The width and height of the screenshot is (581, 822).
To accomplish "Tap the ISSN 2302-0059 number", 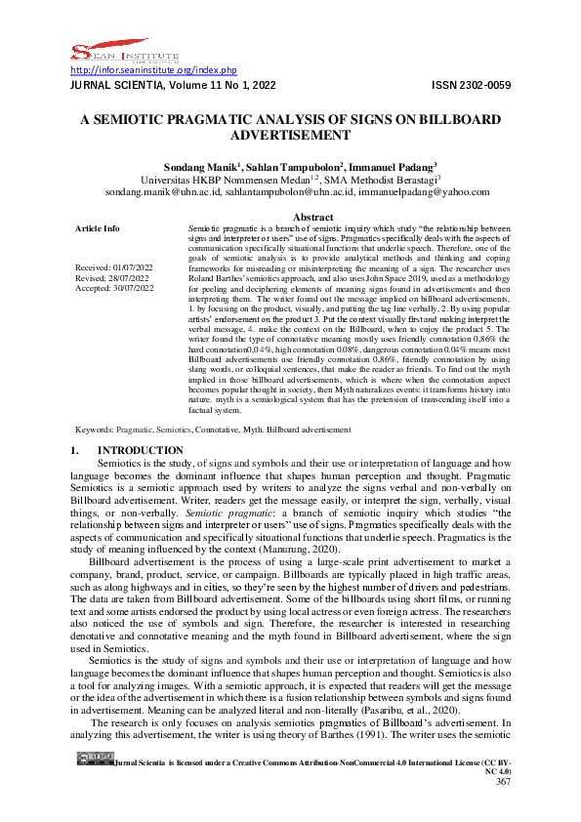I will [471, 86].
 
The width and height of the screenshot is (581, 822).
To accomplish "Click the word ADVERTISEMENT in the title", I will [290, 137].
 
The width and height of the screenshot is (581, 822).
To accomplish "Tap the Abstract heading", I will [312, 217].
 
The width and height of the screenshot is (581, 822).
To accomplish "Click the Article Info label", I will [98, 228].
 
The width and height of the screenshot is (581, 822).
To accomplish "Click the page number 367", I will [503, 808].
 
